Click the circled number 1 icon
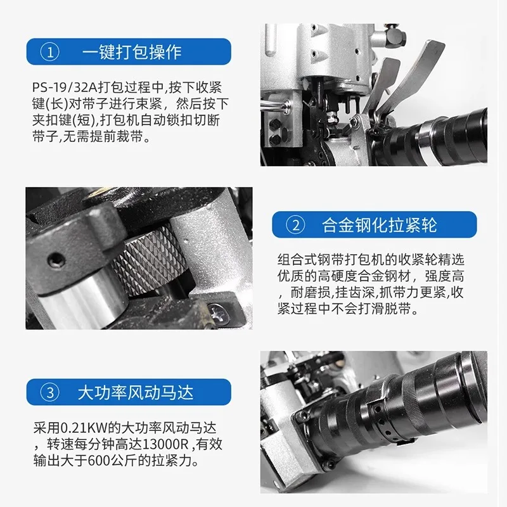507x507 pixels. tap(50, 51)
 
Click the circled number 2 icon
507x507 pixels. tap(296, 225)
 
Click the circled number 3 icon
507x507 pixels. tap(50, 392)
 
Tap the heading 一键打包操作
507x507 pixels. tap(132, 51)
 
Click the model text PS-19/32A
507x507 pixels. tap(58, 87)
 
